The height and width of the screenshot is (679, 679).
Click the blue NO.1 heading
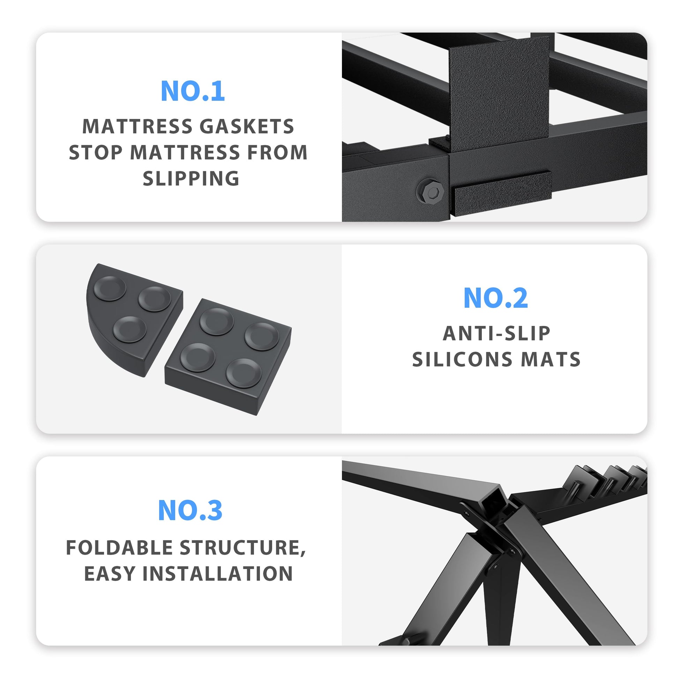coord(193,91)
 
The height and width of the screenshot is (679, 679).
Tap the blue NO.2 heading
coord(495,298)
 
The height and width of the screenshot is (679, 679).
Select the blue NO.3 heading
coord(190,510)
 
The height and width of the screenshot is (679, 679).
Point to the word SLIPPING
coord(191,178)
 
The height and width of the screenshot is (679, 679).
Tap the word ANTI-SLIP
coord(496,333)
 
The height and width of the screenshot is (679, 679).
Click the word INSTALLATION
coord(217,574)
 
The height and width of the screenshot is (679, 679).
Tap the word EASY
coord(110,574)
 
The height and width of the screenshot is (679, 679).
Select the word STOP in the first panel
coord(95,152)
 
